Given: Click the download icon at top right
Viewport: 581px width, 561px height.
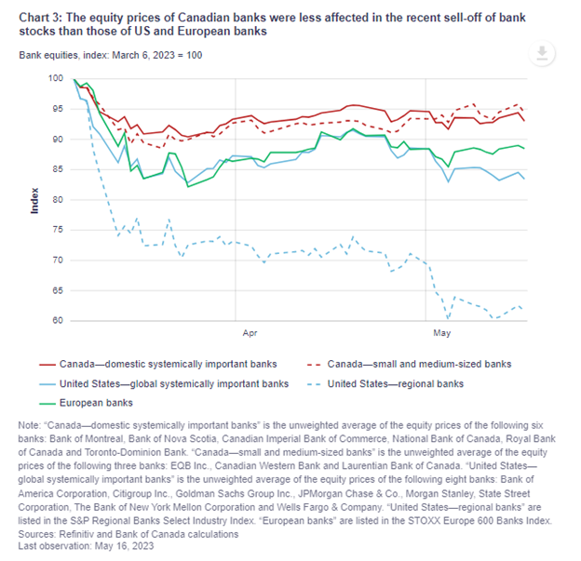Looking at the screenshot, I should pos(541,53).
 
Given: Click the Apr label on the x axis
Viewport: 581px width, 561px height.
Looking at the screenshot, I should pos(250,331).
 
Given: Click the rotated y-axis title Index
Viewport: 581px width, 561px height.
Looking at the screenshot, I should pos(35,200).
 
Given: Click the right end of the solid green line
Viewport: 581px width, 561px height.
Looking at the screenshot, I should pos(524,148).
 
